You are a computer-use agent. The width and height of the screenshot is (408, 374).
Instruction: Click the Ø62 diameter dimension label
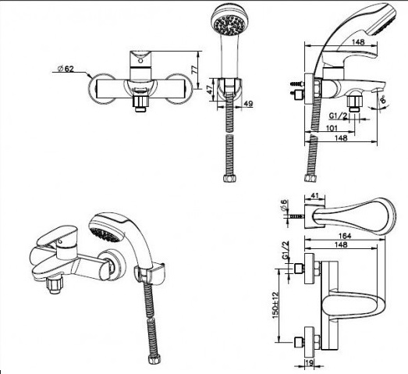point(66,69)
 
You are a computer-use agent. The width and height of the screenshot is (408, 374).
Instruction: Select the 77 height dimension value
point(194,69)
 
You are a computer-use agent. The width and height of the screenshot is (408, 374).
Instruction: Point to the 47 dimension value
point(210,90)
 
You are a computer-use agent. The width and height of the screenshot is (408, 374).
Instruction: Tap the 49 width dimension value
point(248,104)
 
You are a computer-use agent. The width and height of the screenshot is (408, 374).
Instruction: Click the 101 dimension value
point(332,128)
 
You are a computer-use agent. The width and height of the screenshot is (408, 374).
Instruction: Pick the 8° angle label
point(383,100)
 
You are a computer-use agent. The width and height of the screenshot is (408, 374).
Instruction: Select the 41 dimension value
point(315,196)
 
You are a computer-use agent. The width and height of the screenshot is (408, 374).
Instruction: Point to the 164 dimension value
point(345,236)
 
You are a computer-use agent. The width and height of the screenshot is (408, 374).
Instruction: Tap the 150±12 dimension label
point(275,305)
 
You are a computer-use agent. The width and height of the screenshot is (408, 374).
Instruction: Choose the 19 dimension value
point(309,362)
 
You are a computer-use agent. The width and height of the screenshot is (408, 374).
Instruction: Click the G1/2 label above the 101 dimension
point(338,116)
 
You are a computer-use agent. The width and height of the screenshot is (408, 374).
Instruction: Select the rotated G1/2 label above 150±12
point(286,250)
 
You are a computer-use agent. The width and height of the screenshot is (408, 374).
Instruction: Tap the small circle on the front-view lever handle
point(140,61)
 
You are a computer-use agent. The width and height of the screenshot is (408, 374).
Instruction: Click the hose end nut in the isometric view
point(154,359)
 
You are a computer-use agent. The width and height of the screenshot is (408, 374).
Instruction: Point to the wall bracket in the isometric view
point(150,272)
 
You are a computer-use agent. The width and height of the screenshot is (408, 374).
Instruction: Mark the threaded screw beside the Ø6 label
point(296,216)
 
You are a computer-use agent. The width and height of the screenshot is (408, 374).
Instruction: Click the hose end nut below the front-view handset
point(230,178)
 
